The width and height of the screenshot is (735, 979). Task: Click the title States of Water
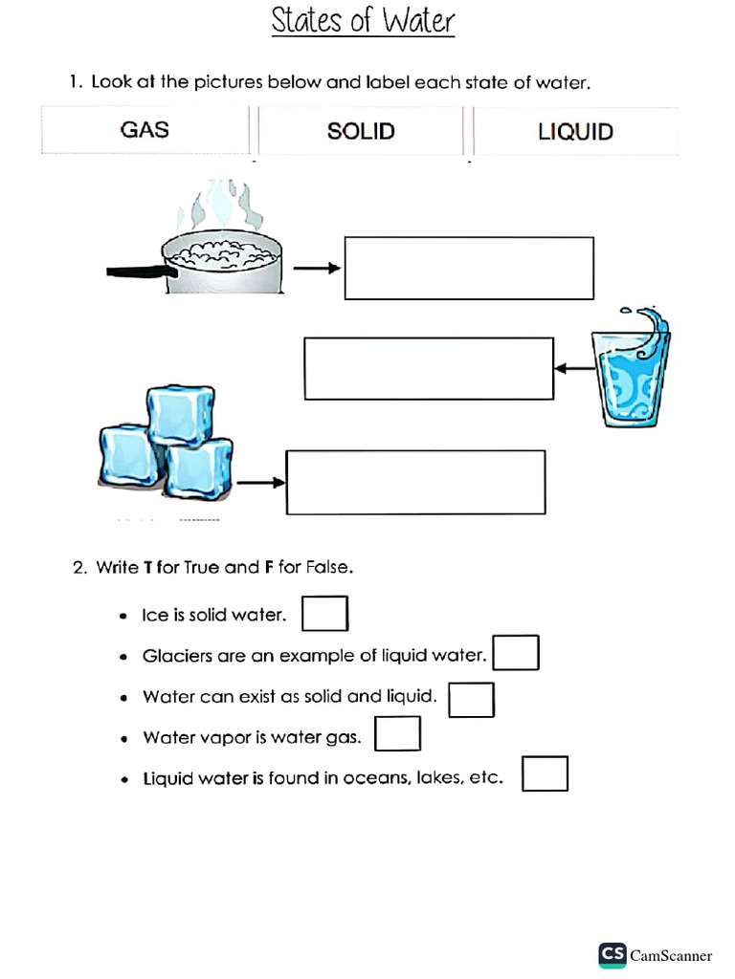pos(363,20)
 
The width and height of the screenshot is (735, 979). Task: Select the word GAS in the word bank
pos(145,130)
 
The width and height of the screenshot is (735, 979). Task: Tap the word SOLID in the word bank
pos(361,131)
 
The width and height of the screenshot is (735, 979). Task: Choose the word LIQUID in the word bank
pos(575,132)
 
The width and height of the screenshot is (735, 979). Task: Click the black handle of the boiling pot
pos(135,272)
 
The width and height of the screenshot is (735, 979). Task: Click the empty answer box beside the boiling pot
pos(469,269)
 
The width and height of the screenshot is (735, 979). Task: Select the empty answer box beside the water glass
pos(429,368)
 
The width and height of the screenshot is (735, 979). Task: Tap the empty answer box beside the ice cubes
pos(415,482)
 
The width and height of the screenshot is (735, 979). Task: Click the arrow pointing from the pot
pos(317,269)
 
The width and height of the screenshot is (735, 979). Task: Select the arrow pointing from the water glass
pos(573,368)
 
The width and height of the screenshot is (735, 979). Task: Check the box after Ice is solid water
pos(324,614)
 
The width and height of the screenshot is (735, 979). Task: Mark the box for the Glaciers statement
pos(516,653)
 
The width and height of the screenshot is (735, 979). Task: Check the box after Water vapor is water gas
pos(397,734)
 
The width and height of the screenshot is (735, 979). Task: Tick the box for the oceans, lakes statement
pos(545,774)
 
